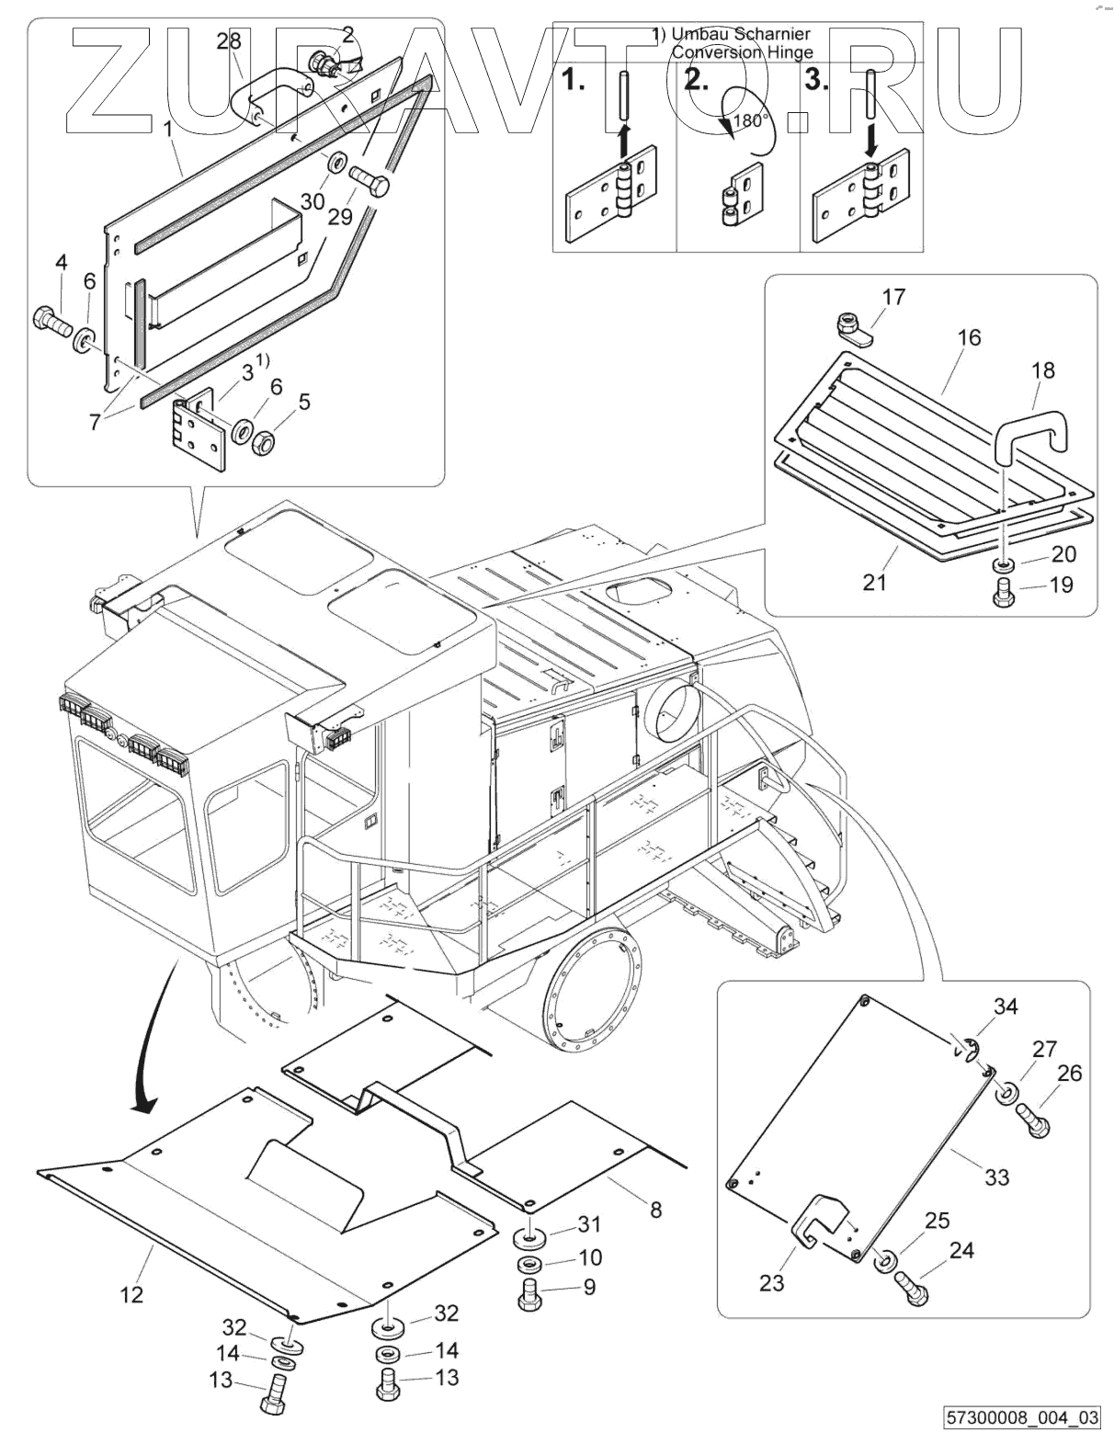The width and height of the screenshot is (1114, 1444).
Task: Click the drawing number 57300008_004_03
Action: tap(1023, 1417)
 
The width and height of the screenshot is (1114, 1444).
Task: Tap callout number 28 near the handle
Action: tap(229, 40)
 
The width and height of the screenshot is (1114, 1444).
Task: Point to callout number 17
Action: tap(893, 296)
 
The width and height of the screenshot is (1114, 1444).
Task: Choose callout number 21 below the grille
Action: tap(874, 581)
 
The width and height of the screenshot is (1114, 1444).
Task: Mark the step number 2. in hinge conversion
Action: tap(698, 80)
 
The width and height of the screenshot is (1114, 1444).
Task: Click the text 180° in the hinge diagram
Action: tap(751, 120)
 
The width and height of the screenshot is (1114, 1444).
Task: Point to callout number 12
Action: tap(131, 1293)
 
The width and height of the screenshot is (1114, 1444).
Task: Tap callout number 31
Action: tap(588, 1224)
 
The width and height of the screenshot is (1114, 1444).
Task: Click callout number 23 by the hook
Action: tap(771, 1281)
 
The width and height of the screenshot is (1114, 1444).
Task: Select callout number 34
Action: tap(1006, 1006)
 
